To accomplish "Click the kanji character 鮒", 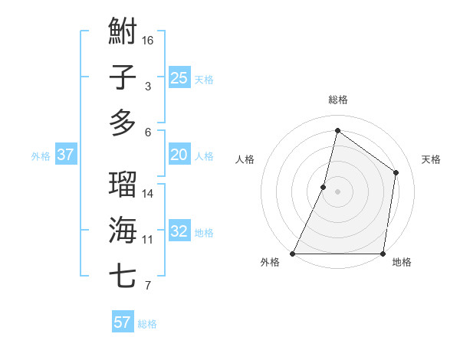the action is coord(123,33).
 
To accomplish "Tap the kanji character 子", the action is coord(123,77).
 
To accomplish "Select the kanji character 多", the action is coord(123,122).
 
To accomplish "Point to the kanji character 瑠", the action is coord(123,185).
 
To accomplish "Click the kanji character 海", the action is coord(123,229).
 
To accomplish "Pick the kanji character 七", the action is coord(123,274).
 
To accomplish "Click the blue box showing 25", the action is coord(179,77).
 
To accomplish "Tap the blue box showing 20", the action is coord(179,155).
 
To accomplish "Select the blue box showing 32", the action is coord(179,231).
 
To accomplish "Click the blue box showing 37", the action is coord(66,155).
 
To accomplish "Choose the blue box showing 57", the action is coord(123,322).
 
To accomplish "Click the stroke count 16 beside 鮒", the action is coord(149,39).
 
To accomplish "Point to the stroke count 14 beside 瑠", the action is coord(148,194).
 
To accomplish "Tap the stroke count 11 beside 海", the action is coord(148,240).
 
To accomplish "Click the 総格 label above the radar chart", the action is coord(337,100).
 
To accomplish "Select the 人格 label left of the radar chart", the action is coord(245,159).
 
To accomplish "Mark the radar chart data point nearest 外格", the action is coord(293,254).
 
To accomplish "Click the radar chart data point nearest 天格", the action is coord(396,172).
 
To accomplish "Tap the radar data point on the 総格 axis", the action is coord(337,130).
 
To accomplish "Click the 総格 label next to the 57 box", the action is coord(147,323).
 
